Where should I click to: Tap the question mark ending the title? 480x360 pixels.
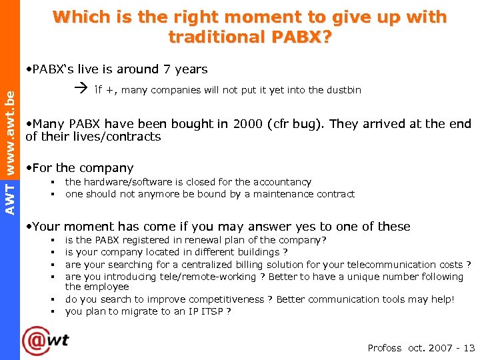click(326, 37)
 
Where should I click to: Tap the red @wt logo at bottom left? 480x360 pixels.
click(45, 340)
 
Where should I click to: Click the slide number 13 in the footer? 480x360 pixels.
click(469, 348)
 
